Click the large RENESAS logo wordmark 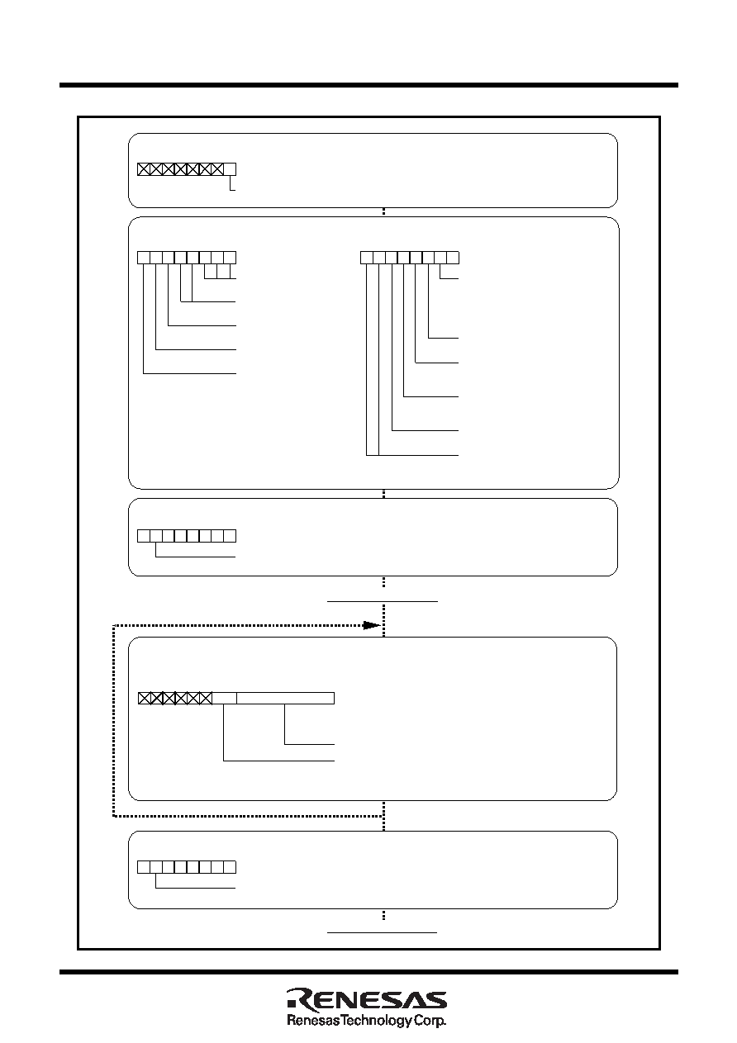(367, 999)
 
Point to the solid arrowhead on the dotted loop (372, 625)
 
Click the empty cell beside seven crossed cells (230, 169)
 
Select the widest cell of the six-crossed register (285, 699)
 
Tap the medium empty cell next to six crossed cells (225, 699)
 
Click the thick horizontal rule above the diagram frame (368, 85)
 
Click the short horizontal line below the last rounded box (382, 932)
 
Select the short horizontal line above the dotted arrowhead (383, 601)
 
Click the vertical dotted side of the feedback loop (114, 721)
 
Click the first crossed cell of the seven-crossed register (144, 169)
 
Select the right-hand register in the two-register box (410, 258)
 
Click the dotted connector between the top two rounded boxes (383, 212)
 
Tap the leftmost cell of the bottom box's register (144, 867)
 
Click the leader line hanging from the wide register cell (309, 724)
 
